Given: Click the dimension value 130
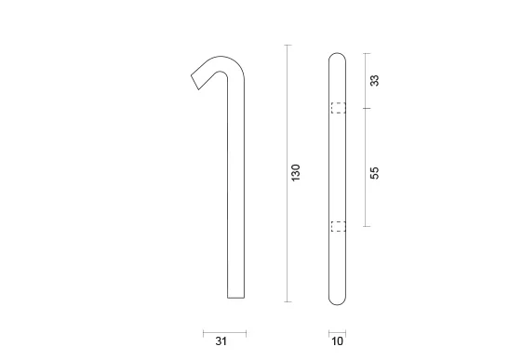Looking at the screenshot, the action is (296, 173).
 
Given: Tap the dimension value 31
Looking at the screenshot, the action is (221, 341).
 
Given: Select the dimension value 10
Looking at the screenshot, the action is (337, 341).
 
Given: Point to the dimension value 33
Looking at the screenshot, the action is (374, 81).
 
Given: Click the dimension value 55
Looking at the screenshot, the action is (374, 173).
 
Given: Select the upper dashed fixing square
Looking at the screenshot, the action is (339, 108).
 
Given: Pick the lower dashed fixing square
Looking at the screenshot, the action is (339, 226).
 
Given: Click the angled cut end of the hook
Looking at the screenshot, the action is (194, 82).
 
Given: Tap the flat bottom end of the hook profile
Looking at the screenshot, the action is (235, 298).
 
